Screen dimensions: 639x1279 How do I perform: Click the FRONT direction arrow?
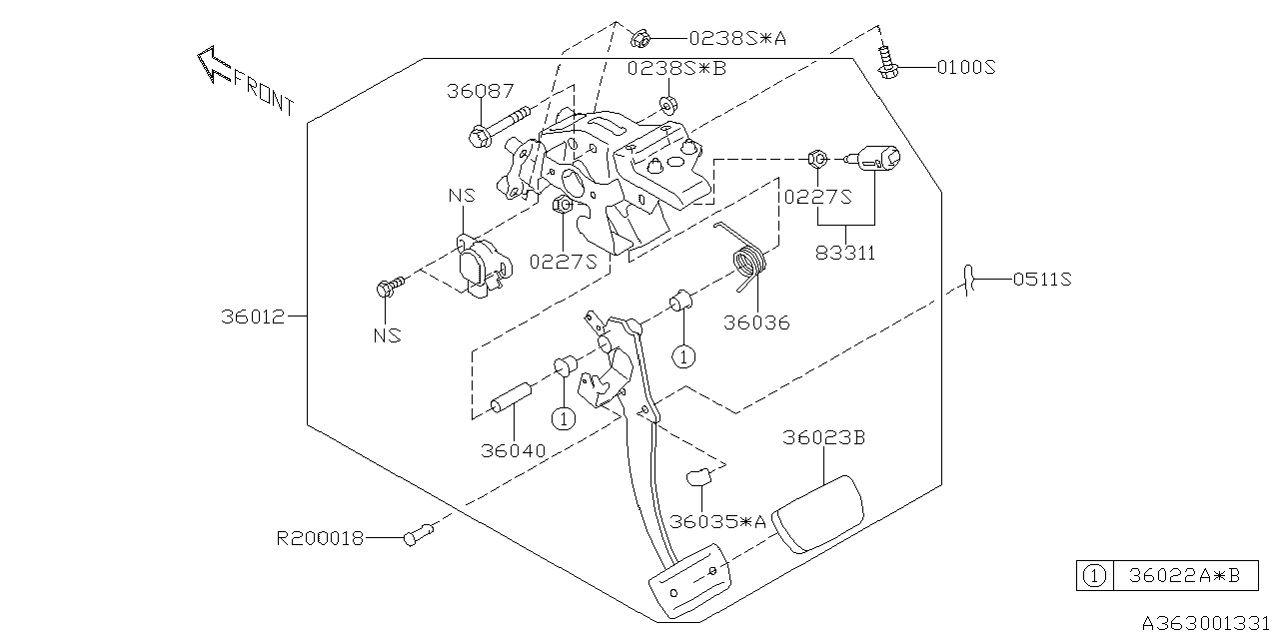(212, 66)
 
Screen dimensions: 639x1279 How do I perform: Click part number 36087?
(480, 91)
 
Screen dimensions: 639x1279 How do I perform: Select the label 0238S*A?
(737, 39)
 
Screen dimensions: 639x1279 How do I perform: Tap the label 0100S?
(966, 68)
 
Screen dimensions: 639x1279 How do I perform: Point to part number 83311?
(845, 253)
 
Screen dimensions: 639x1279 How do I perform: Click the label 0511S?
(1042, 281)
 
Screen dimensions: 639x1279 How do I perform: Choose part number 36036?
(756, 322)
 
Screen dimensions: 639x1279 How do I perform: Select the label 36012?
(254, 318)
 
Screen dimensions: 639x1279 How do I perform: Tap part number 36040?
(513, 450)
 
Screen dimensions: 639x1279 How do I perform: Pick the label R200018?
(320, 538)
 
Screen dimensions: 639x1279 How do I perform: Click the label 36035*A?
(717, 521)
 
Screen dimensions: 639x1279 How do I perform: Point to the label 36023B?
(823, 437)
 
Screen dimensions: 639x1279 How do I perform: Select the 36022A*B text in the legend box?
(1185, 576)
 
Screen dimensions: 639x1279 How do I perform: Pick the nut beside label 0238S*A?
(641, 39)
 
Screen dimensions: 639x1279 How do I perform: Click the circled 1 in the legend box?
(1094, 576)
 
